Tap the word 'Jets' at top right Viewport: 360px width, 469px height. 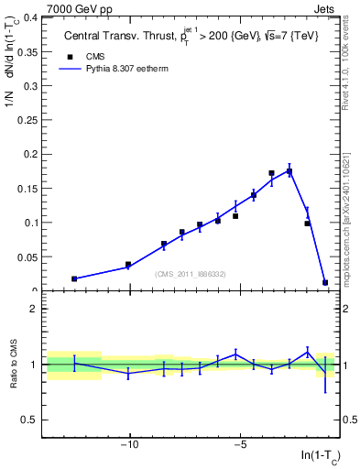coord(326,8)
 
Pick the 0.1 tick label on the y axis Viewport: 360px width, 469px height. coord(31,223)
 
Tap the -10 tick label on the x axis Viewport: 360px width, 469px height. coord(129,446)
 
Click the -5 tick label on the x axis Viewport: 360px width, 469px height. coord(240,446)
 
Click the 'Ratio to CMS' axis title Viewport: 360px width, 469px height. coord(14,364)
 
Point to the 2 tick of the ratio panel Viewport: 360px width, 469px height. coord(36,309)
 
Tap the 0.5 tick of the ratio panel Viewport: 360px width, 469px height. coord(31,420)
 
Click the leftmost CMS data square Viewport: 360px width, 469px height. coord(74,278)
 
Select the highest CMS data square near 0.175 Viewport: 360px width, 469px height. coord(289,171)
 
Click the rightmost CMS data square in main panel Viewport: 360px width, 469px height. coord(325,282)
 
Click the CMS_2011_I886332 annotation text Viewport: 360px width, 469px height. coord(191,274)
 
